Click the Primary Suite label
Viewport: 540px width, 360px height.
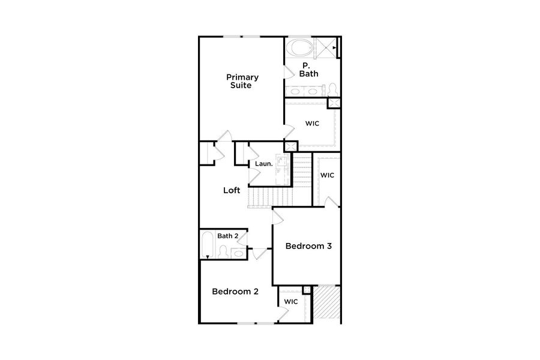[242, 81]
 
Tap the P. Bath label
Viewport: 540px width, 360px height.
[308, 70]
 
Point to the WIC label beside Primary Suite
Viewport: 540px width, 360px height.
[311, 124]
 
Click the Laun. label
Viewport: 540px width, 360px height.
[263, 163]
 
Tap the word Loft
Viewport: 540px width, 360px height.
[232, 190]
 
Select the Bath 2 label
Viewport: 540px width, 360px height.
[227, 236]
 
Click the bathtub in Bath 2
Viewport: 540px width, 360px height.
[207, 245]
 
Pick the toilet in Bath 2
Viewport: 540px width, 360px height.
[223, 253]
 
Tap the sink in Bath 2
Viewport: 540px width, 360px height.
[238, 253]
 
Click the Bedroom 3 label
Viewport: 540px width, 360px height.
[308, 246]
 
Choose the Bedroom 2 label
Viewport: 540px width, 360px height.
[235, 292]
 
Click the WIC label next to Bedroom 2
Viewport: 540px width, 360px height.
[291, 301]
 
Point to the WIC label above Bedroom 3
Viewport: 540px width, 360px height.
[326, 175]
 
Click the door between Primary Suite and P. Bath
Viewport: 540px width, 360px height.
[289, 71]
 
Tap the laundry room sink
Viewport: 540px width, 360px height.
[279, 161]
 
